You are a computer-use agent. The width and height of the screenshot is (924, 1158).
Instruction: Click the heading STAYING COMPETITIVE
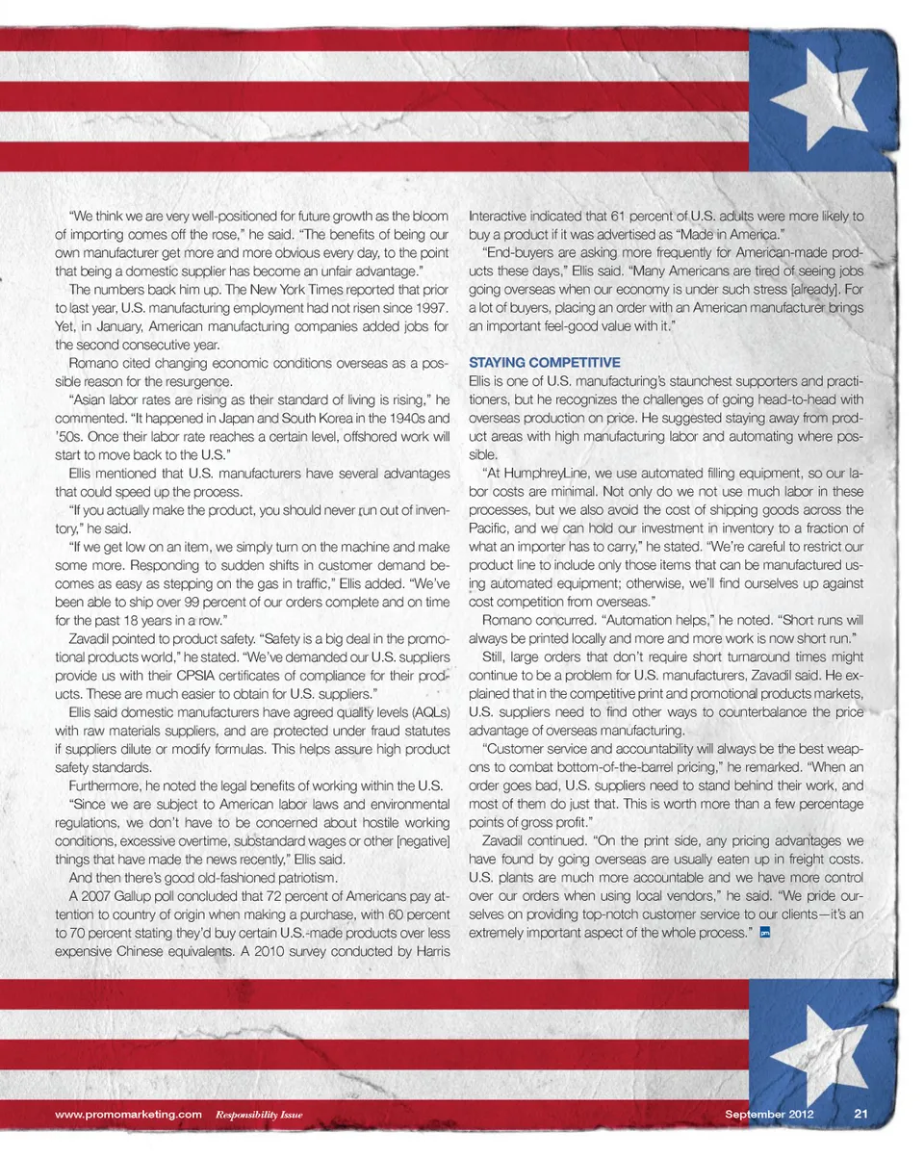click(x=544, y=363)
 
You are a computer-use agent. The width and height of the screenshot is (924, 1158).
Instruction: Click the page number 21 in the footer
click(x=861, y=1114)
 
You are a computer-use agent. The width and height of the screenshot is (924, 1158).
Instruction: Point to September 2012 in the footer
click(x=769, y=1114)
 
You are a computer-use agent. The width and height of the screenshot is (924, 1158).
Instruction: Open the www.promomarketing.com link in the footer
click(x=128, y=1114)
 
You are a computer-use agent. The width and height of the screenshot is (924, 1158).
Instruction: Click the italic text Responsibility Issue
click(x=259, y=1115)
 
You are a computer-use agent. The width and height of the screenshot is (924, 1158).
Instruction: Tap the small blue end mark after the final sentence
click(x=764, y=932)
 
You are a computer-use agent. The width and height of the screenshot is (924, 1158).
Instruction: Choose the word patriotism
click(x=301, y=877)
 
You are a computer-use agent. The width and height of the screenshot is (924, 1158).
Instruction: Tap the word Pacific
click(x=489, y=528)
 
